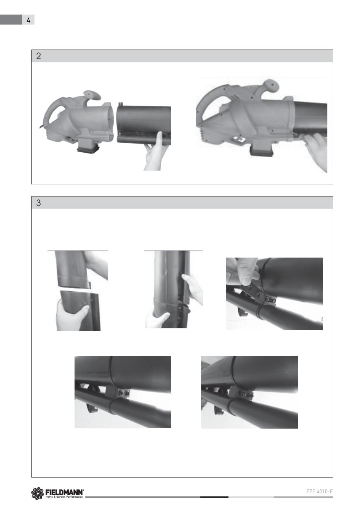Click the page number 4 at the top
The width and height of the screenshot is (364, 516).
(28, 20)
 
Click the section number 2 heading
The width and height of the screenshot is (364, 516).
(38, 56)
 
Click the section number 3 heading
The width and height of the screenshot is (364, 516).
(38, 203)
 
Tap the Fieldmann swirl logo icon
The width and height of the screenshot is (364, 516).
(37, 494)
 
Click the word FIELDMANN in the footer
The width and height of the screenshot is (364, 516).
(64, 492)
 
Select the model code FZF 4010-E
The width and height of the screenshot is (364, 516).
(319, 491)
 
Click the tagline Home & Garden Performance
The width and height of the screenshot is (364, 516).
(64, 497)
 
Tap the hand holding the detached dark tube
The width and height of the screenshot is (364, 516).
(156, 151)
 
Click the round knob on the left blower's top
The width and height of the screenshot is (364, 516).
(92, 96)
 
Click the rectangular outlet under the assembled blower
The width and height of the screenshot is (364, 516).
(262, 149)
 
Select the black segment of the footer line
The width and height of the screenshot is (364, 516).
(214, 497)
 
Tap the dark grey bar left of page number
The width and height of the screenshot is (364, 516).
(11, 20)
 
